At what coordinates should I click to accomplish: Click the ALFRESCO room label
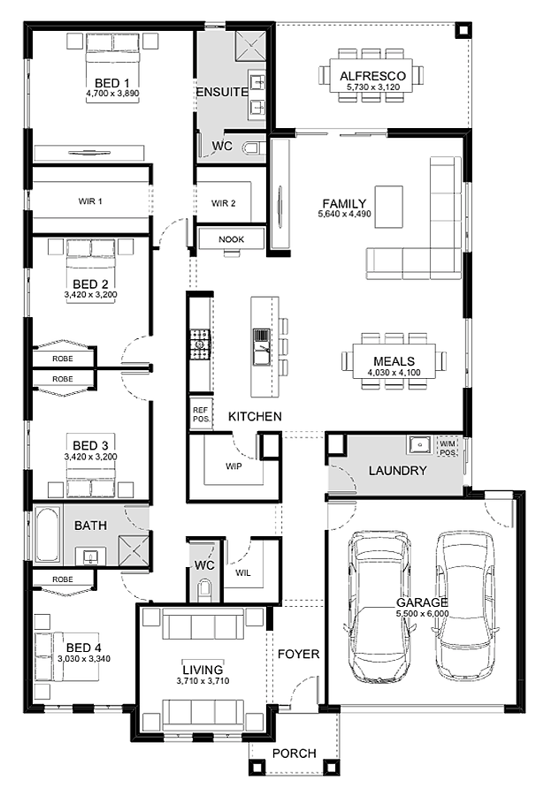click(x=372, y=76)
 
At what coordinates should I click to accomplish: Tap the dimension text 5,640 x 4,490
click(x=344, y=214)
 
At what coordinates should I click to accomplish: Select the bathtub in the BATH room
click(x=47, y=534)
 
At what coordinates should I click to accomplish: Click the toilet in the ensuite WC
click(x=252, y=148)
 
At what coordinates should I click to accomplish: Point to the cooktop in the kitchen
click(x=200, y=344)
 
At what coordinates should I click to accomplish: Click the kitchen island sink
click(x=262, y=347)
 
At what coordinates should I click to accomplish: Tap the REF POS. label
click(x=201, y=414)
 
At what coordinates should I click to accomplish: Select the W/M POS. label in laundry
click(x=448, y=448)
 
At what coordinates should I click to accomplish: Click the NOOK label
click(x=231, y=239)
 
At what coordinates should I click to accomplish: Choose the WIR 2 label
click(x=224, y=203)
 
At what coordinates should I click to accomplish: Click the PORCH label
click(x=294, y=753)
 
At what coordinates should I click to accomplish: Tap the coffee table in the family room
click(x=389, y=207)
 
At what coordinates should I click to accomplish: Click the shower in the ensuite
click(x=250, y=46)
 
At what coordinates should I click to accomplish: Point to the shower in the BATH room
click(x=134, y=550)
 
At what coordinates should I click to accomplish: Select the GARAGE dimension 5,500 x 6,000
click(x=423, y=614)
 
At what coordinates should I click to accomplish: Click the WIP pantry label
click(x=233, y=466)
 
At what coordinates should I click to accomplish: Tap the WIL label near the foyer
click(x=242, y=573)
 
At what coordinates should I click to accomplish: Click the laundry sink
click(x=419, y=444)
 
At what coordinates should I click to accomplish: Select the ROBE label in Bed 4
click(x=63, y=579)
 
